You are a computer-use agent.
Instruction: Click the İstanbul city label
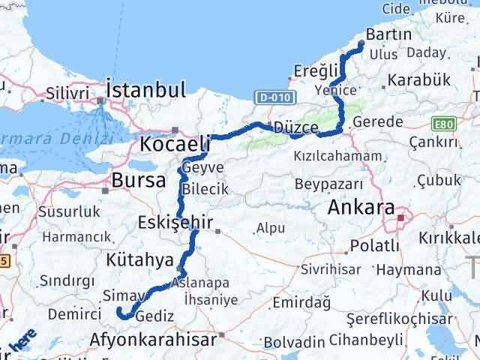145,91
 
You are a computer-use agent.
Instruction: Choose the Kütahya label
139,259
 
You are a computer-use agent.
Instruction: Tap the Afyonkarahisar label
153,339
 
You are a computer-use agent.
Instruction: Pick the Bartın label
389,34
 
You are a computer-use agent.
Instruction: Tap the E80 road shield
442,121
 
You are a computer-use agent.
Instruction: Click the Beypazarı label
328,184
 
